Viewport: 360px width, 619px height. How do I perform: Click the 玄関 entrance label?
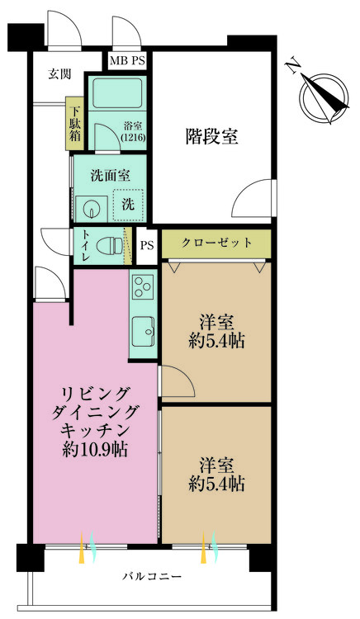(x=59, y=73)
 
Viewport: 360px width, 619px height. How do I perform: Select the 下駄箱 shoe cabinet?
(x=74, y=124)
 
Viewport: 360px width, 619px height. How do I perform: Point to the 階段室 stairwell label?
(x=211, y=137)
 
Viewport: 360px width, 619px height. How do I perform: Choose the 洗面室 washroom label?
(x=109, y=175)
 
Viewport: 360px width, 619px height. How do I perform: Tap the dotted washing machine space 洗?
(x=128, y=203)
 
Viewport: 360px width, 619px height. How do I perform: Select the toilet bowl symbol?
(x=106, y=246)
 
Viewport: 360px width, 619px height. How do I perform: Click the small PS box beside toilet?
(x=146, y=245)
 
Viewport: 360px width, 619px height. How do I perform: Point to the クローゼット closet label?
(x=216, y=243)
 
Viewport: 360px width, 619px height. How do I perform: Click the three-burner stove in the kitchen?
(x=140, y=289)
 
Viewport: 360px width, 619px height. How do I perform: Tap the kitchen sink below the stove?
(x=143, y=332)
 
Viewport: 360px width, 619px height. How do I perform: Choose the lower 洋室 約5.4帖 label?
(x=216, y=473)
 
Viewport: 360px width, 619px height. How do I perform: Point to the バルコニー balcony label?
(x=153, y=575)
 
